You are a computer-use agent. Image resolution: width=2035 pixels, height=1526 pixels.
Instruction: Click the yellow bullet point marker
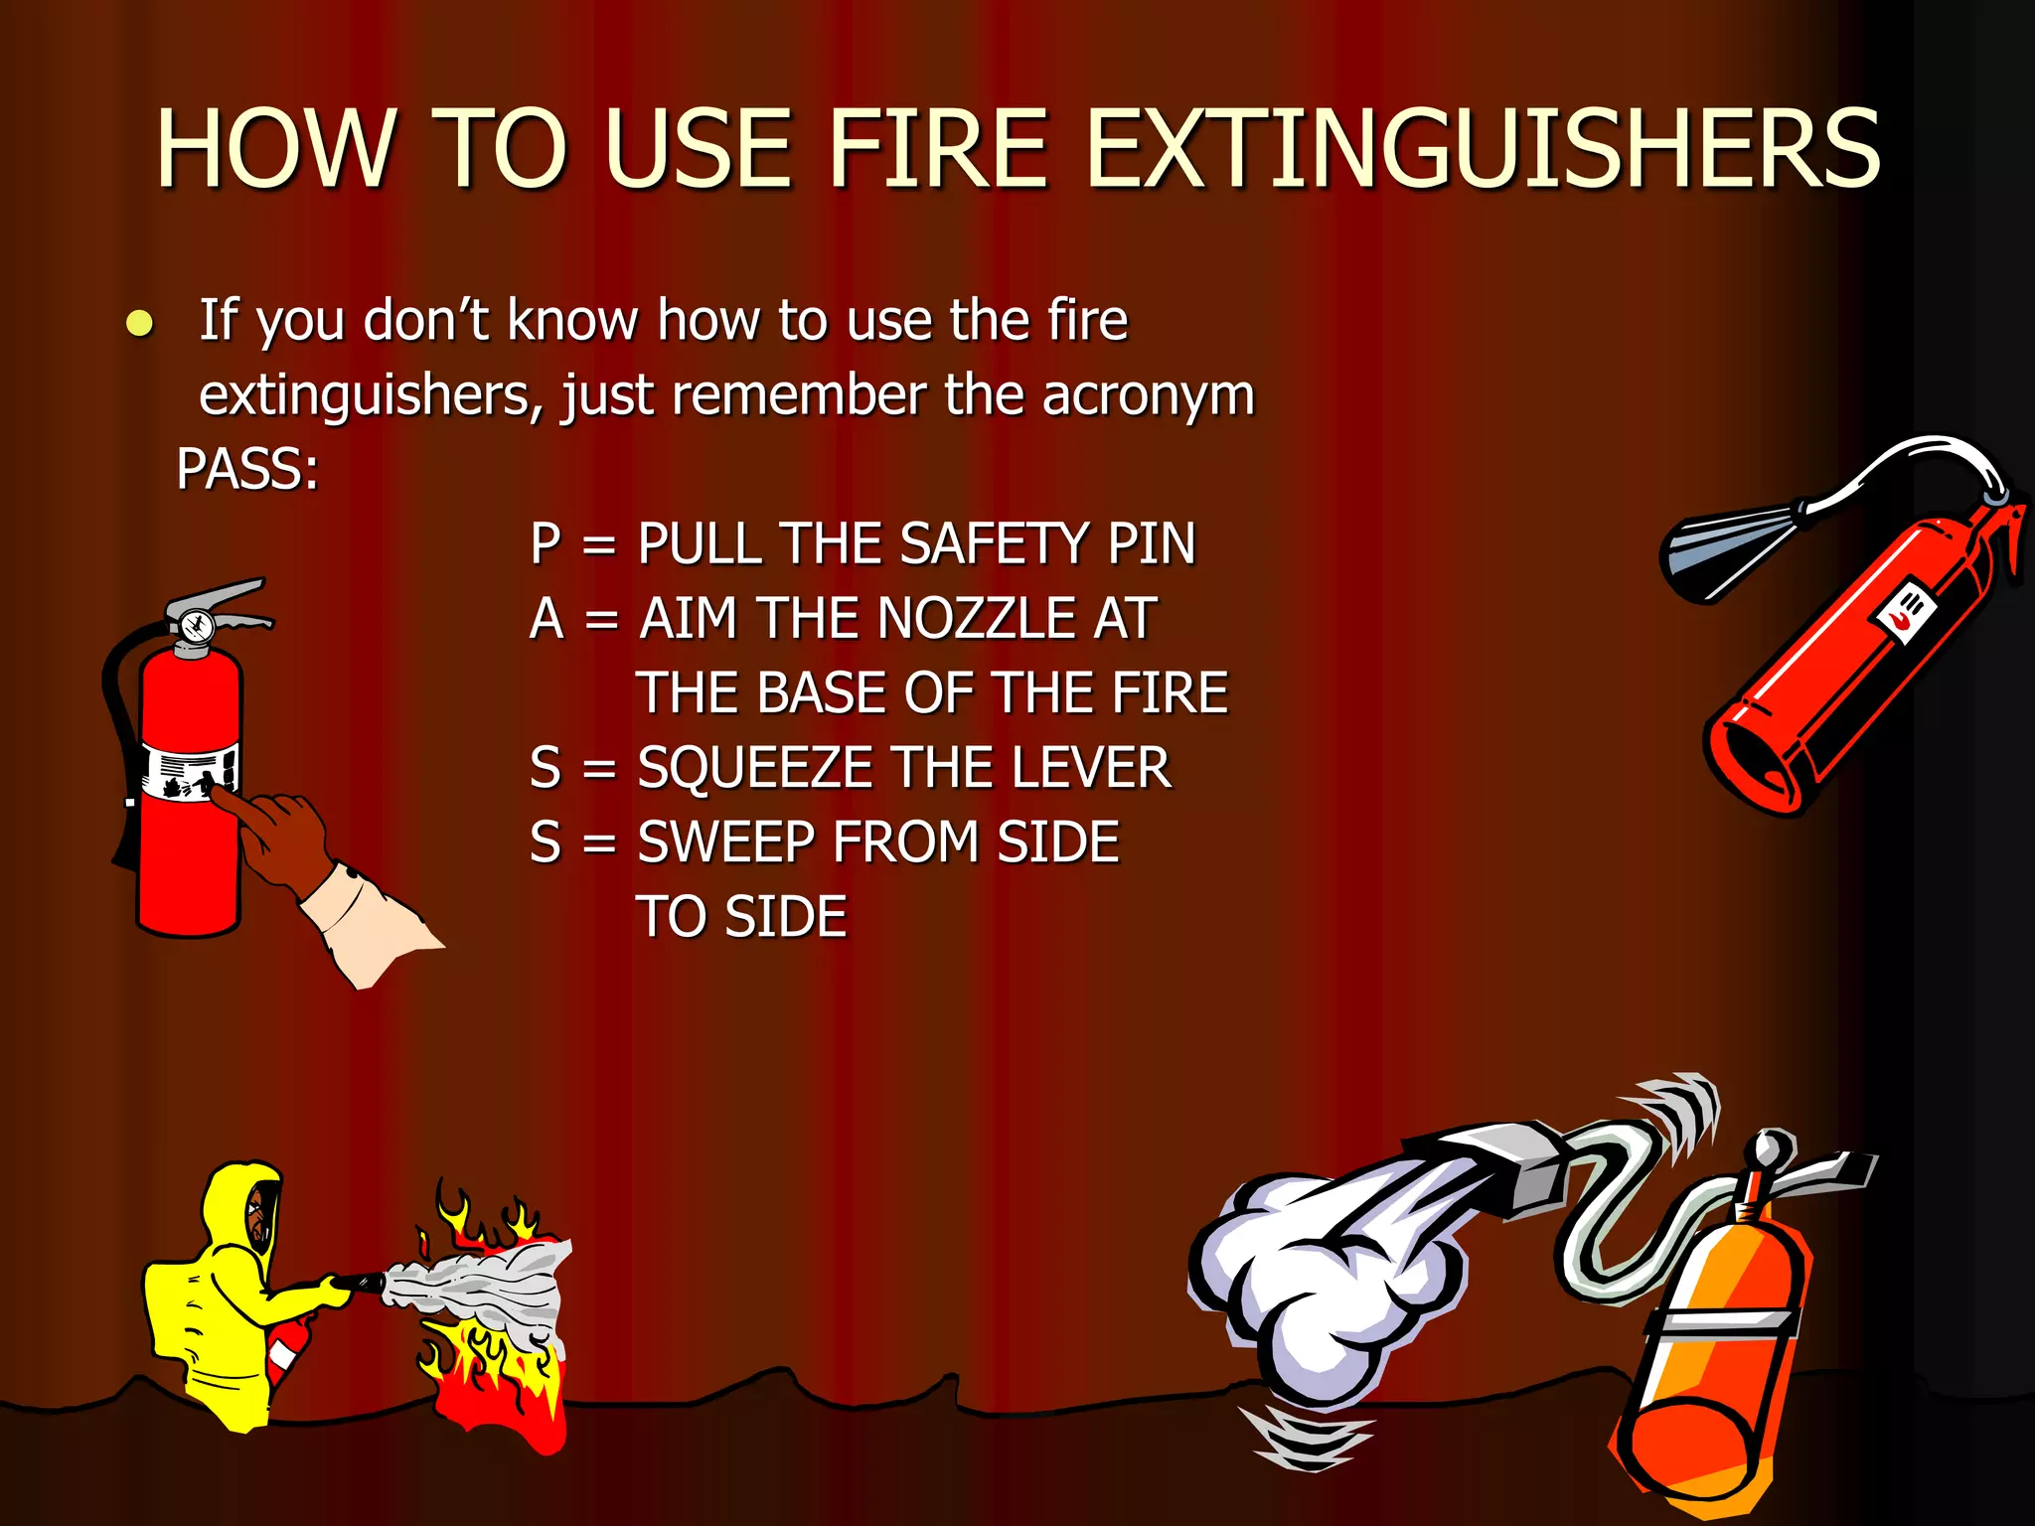tap(140, 324)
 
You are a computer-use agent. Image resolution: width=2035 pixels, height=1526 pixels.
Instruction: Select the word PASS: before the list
tap(247, 469)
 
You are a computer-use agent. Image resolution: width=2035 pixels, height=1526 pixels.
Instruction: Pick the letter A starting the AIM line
tap(547, 618)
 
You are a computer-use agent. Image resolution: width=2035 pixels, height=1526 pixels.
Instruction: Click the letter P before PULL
tap(546, 543)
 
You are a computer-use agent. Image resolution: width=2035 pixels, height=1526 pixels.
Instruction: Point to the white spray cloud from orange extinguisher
tap(1322, 1282)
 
